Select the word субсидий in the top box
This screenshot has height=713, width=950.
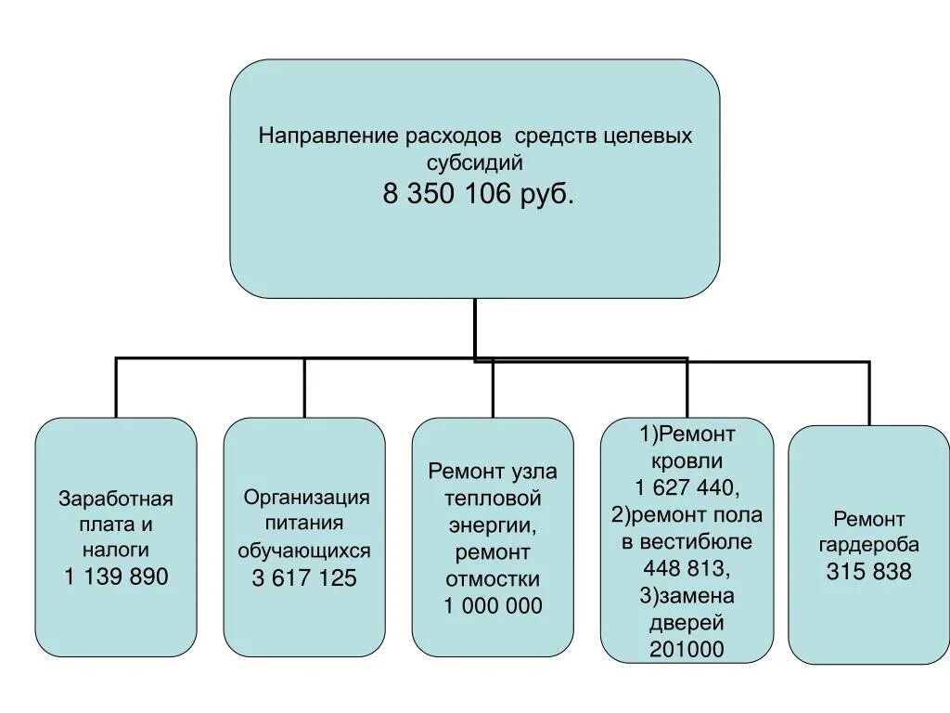coord(475,162)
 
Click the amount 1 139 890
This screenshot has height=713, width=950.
coord(117,577)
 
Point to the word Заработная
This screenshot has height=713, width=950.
coord(116,499)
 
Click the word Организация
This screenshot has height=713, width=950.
coord(306,498)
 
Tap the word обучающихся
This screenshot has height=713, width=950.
coord(304,551)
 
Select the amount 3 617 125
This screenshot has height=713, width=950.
coord(304,577)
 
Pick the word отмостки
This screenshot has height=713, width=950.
coord(493,579)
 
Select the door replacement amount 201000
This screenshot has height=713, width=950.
coord(687,649)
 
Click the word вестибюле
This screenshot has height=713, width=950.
coord(687,541)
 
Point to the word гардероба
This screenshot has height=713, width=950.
coord(869,545)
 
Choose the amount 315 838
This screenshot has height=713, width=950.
coord(869,572)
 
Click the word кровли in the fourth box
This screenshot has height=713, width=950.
coord(687,460)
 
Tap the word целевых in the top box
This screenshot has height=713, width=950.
coord(647,136)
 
